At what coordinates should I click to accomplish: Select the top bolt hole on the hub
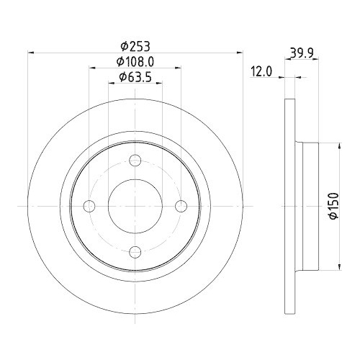(x=135, y=162)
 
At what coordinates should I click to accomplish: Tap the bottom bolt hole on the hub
(x=135, y=251)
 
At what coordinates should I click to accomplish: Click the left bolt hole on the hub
(x=90, y=207)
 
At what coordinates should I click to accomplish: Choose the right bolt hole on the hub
(x=180, y=207)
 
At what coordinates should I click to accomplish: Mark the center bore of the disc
(x=135, y=207)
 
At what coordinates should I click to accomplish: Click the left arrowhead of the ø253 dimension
(x=30, y=52)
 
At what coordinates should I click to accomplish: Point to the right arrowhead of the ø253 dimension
(x=240, y=52)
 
